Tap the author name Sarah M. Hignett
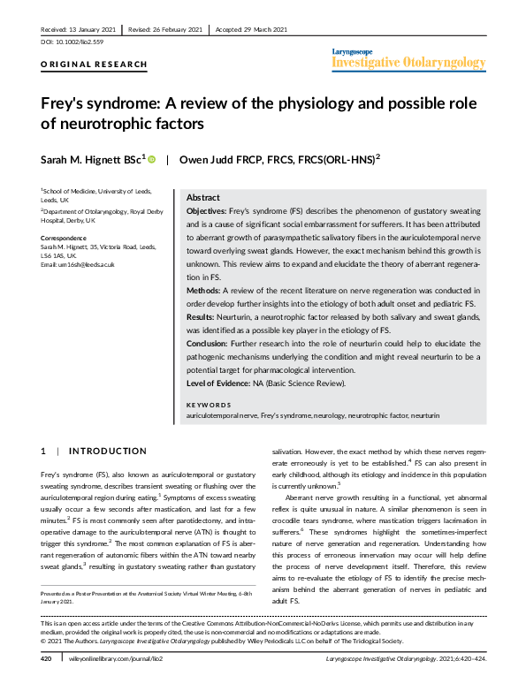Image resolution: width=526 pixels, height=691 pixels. pos(83,160)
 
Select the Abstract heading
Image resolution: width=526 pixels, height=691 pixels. pos(204,198)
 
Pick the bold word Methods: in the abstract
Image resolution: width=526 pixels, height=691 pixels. pos(205,289)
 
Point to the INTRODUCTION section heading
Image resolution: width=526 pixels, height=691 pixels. pos(107,452)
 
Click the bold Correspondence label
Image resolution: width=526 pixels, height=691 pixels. pos(65,239)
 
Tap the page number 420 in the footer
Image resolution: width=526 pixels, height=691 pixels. pos(47,683)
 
